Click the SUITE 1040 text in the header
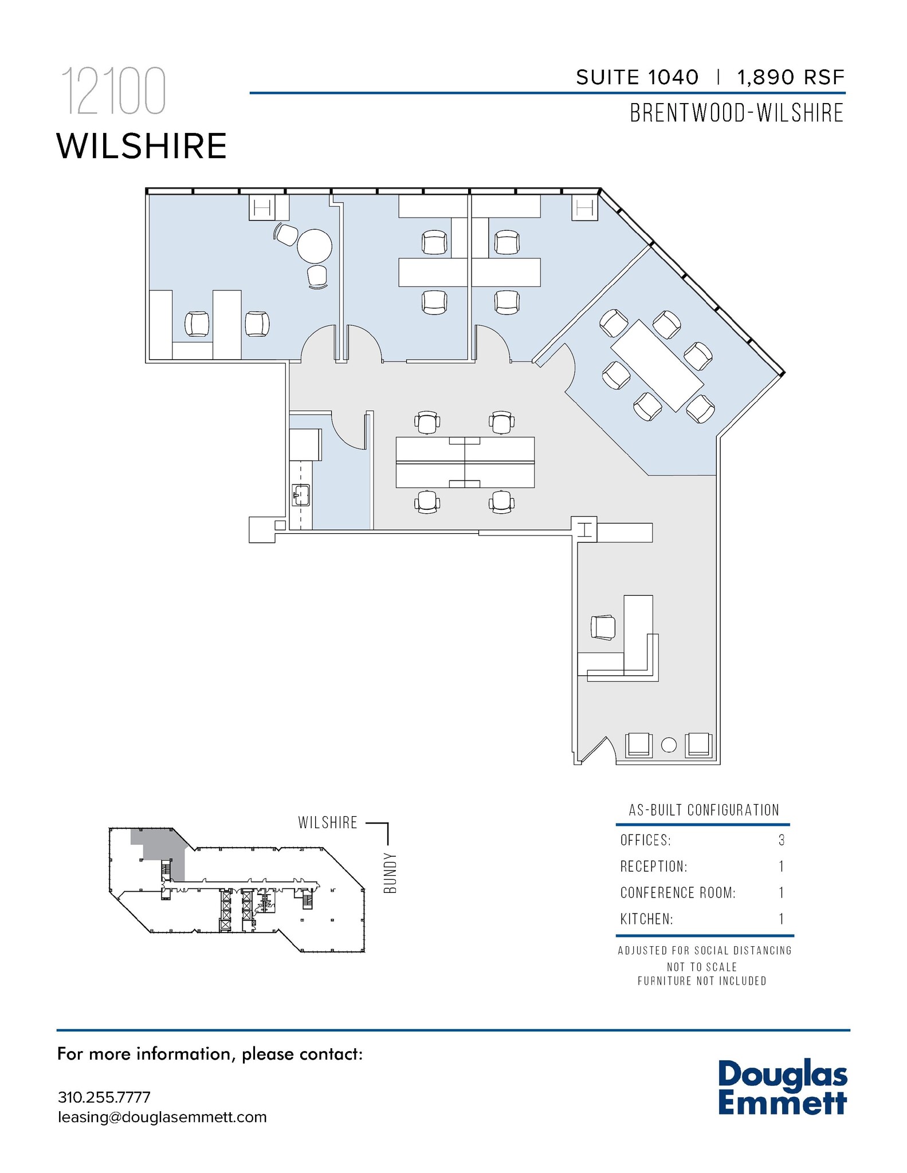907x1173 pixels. (637, 77)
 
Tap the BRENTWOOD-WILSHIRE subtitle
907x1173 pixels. (736, 113)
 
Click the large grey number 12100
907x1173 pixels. (113, 92)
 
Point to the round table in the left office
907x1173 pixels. (314, 246)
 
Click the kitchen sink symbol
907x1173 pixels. (301, 495)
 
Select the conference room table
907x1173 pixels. (657, 365)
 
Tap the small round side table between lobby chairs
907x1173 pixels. (669, 745)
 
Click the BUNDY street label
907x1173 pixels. (390, 873)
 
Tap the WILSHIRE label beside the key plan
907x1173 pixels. (327, 823)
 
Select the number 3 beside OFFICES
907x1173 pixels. (782, 840)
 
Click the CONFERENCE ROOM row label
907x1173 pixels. (677, 893)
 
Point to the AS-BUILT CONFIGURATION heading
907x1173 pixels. (704, 810)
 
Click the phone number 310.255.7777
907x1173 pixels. (104, 1098)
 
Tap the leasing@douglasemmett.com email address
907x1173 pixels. (162, 1117)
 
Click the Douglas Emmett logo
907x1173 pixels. (782, 1088)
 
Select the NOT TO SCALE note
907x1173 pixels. (701, 967)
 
